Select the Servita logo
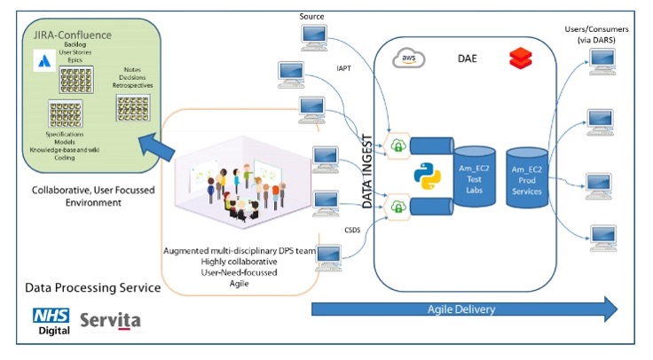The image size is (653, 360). tap(110, 320)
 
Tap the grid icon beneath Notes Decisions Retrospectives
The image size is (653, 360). tap(131, 107)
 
